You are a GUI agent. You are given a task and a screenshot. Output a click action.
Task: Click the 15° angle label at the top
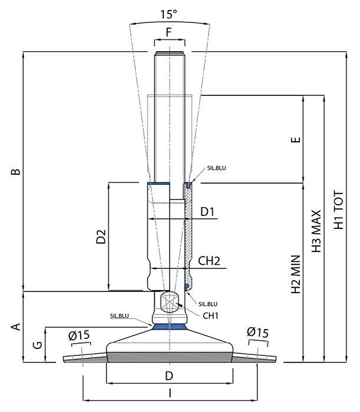pyautogui.click(x=169, y=14)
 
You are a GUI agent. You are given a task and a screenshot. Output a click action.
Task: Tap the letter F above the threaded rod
pyautogui.click(x=169, y=32)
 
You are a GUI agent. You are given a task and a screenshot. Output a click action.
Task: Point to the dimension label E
pyautogui.click(x=296, y=139)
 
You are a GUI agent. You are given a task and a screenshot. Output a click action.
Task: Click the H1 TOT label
pyautogui.click(x=339, y=210)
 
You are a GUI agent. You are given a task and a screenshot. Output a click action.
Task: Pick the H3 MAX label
pyautogui.click(x=316, y=231)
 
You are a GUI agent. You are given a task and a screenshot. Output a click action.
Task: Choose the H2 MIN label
pyautogui.click(x=296, y=274)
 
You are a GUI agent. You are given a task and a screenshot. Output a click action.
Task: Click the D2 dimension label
pyautogui.click(x=101, y=237)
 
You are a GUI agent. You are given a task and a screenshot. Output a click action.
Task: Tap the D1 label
pyautogui.click(x=207, y=211)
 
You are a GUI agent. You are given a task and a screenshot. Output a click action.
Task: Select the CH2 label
pyautogui.click(x=209, y=261)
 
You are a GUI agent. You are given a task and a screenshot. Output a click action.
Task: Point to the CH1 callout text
pyautogui.click(x=210, y=315)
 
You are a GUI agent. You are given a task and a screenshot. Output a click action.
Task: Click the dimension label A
pyautogui.click(x=16, y=327)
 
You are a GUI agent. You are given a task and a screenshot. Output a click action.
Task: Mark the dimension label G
pyautogui.click(x=38, y=345)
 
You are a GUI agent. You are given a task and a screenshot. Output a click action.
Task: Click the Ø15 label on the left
pyautogui.click(x=79, y=335)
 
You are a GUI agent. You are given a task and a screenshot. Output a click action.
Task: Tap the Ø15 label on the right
pyautogui.click(x=258, y=332)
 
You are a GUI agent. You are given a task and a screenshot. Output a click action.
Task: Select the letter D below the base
pyautogui.click(x=169, y=376)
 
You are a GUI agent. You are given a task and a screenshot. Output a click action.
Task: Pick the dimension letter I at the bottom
pyautogui.click(x=170, y=393)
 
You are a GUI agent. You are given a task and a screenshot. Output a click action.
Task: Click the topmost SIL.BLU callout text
pyautogui.click(x=216, y=168)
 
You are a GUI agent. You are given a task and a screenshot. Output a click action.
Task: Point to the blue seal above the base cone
pyautogui.click(x=169, y=327)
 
